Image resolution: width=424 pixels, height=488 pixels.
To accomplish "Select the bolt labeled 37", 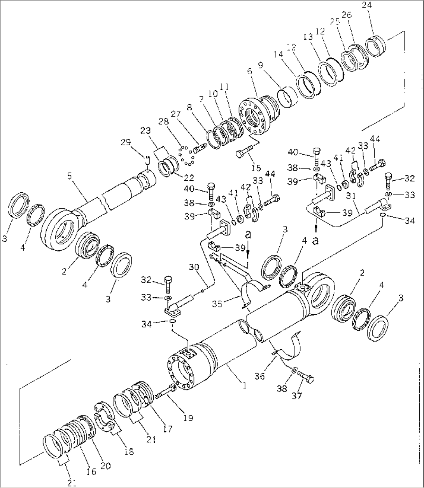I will pos(305,376).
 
